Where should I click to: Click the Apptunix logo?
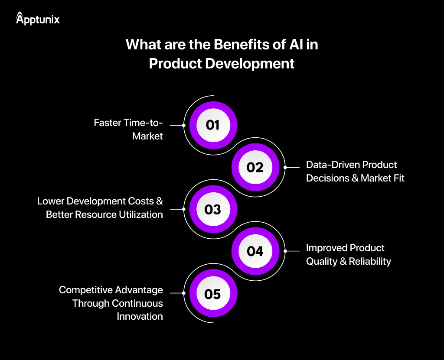point(38,19)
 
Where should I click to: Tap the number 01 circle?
point(212,125)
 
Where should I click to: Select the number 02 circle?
point(255,167)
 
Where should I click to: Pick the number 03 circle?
point(212,210)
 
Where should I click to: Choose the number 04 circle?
point(255,251)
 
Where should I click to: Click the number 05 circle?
point(212,294)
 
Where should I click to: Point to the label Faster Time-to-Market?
point(129,130)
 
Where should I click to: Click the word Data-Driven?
point(333,165)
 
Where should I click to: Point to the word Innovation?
point(140,316)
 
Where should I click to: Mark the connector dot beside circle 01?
point(184,125)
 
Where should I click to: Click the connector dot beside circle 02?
point(285,167)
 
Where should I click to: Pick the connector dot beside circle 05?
point(184,293)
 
